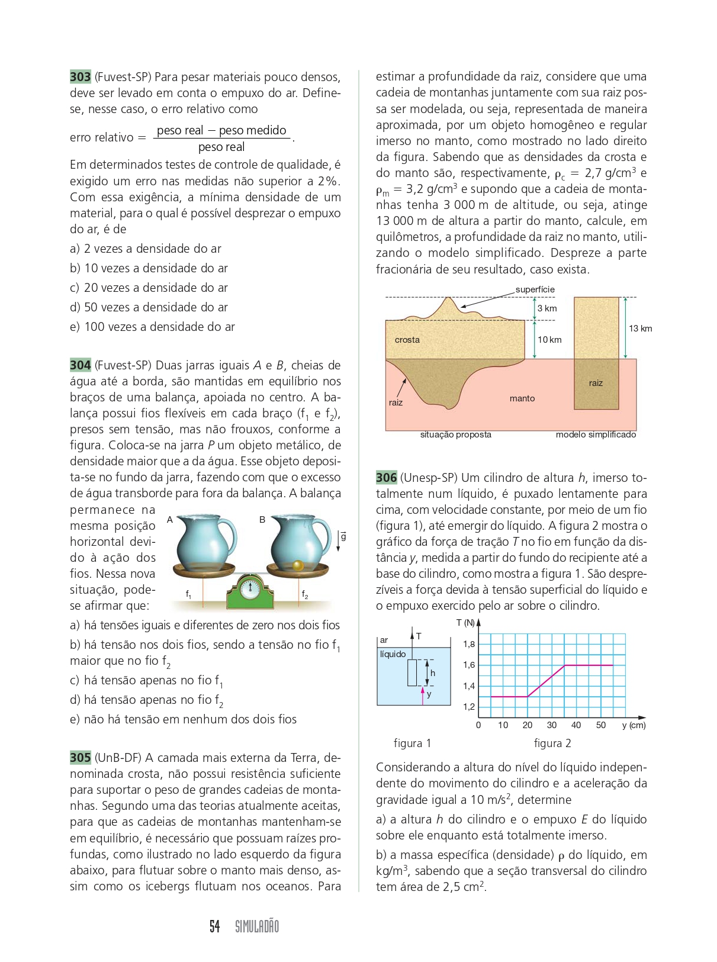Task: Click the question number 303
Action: [x=81, y=77]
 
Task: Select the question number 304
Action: [x=81, y=365]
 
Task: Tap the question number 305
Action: [x=81, y=758]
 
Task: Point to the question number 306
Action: [x=386, y=478]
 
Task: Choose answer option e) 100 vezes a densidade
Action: [x=152, y=327]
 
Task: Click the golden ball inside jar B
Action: [x=298, y=565]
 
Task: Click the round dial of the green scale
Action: [x=250, y=588]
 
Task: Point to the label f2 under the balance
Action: [x=305, y=594]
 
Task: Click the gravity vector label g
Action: [x=343, y=537]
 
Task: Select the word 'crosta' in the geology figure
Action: [x=407, y=340]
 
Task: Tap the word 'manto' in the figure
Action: [x=522, y=398]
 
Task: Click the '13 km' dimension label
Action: [x=640, y=329]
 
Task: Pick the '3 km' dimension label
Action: [x=547, y=308]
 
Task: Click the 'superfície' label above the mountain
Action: [x=535, y=289]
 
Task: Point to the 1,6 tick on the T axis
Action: [x=469, y=665]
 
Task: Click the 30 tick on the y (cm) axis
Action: [x=552, y=725]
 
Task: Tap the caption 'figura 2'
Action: [x=552, y=744]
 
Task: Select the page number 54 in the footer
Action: [x=215, y=926]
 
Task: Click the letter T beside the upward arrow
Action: [x=419, y=636]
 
